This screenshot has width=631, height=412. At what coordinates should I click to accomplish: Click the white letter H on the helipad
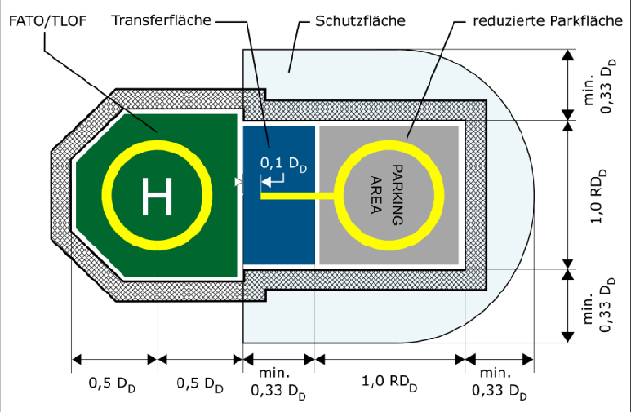pos(157,195)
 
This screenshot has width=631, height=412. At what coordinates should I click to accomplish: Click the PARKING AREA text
pos(386,194)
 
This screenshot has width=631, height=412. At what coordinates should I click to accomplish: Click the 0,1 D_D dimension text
pos(281,163)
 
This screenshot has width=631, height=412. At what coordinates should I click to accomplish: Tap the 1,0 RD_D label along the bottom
pos(390,382)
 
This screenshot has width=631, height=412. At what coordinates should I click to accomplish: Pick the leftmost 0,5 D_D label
pos(114,382)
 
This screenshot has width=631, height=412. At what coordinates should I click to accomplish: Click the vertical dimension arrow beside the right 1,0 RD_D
pos(566,195)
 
